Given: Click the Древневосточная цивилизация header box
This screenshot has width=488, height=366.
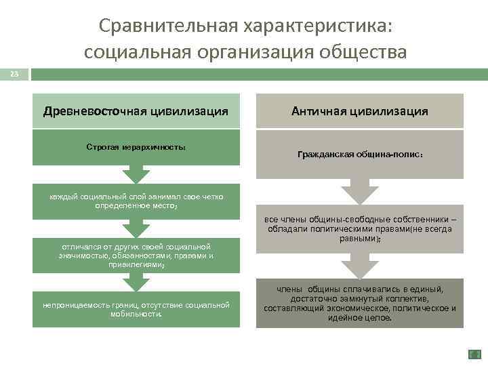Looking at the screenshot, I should click(136, 111).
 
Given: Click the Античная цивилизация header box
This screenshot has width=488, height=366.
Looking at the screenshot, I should click(359, 111).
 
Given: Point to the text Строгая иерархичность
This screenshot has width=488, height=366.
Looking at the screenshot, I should click(136, 146).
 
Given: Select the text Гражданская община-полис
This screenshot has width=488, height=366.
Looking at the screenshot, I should click(359, 155).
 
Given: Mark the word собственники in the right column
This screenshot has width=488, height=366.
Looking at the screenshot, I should click(420, 220).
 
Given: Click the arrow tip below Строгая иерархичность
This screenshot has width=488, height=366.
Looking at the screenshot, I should click(136, 182).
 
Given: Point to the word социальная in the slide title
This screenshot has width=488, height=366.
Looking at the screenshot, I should click(138, 52).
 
